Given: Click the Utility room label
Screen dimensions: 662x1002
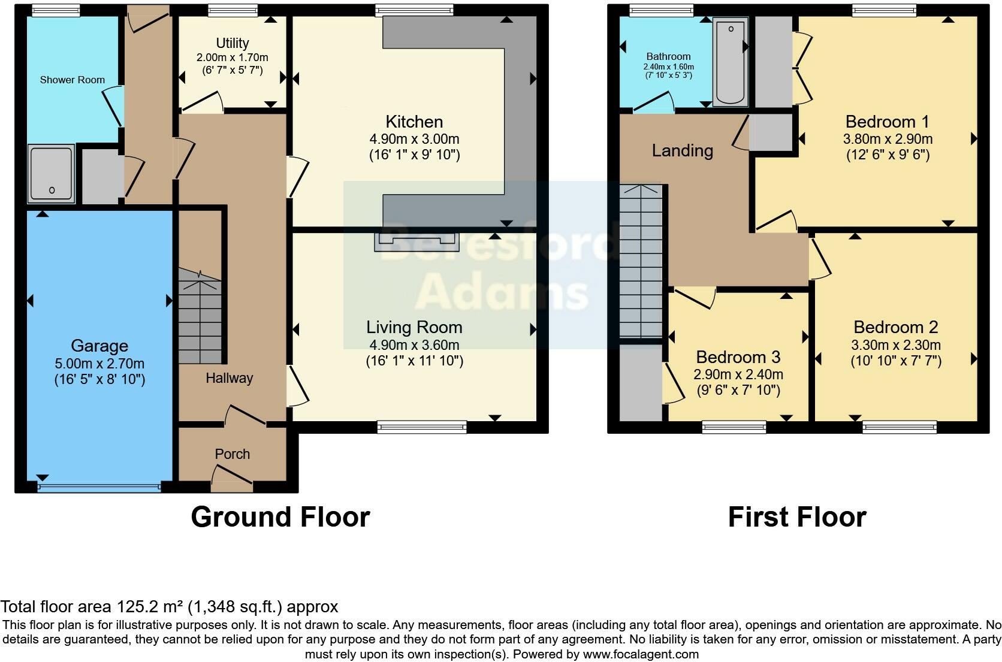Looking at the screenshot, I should coord(233,43).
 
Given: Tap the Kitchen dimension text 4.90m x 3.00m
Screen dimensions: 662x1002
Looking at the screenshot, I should coord(414,139).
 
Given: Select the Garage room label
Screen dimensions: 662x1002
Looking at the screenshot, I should coord(99,346).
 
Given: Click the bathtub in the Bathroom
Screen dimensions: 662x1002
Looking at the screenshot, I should coord(731,61).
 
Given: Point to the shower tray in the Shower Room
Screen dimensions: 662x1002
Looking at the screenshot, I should coord(52,173).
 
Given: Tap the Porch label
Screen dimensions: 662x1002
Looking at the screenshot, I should coord(233,454).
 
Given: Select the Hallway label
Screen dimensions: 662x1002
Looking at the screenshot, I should coord(230,378).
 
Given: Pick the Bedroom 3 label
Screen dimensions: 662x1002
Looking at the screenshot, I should coord(738,358).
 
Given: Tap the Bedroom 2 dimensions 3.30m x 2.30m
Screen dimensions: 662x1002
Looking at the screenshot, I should coord(895,345).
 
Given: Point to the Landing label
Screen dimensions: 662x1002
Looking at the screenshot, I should coord(682,150).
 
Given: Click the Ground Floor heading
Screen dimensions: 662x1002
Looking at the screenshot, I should coord(280,517).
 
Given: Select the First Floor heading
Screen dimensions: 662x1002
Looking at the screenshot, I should coord(796,517).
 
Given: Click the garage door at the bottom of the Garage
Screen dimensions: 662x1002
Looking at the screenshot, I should coord(99,488).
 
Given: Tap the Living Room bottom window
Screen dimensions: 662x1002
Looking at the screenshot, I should coord(422,427).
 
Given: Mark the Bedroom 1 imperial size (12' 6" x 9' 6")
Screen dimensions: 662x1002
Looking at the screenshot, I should coord(888,155).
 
